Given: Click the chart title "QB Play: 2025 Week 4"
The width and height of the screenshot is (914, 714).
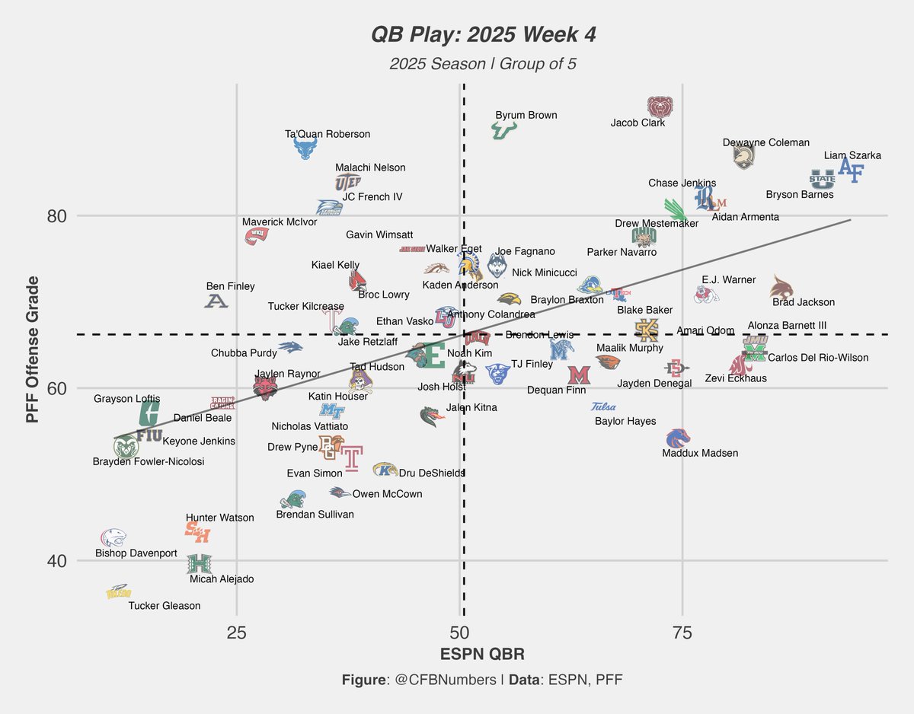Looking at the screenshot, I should coord(483,34).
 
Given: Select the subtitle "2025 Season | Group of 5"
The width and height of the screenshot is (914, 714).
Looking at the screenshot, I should coord(483,64).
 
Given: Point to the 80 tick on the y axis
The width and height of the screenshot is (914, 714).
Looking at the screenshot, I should coord(57,216).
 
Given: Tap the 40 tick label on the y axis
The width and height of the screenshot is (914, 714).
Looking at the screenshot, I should coord(57,561).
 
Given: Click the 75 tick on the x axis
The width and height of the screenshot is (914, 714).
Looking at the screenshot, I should coord(682,633).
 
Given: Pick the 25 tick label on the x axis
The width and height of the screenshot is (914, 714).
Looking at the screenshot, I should coord(237,633).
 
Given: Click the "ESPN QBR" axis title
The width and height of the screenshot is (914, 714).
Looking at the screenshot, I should coord(482,655).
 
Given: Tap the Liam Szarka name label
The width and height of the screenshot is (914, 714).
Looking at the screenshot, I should coord(852,155).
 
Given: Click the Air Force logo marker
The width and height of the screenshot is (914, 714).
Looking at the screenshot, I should coord(851,171).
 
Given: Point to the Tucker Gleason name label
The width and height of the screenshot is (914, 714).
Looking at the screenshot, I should coord(165,606).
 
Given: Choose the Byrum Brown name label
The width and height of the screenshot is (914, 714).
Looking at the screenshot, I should coord(526,116).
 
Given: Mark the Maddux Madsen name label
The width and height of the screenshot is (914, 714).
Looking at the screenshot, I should coord(700,453).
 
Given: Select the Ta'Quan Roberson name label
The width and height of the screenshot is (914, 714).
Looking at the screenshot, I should coord(328,134).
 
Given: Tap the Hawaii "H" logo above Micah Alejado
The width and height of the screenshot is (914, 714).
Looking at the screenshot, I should coord(199,564).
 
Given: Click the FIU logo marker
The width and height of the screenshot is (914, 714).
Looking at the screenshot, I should coord(149,436).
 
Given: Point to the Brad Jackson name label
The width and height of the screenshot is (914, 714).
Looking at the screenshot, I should coord(804,302).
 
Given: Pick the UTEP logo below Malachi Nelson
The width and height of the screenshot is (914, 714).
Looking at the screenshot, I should coord(348,183).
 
